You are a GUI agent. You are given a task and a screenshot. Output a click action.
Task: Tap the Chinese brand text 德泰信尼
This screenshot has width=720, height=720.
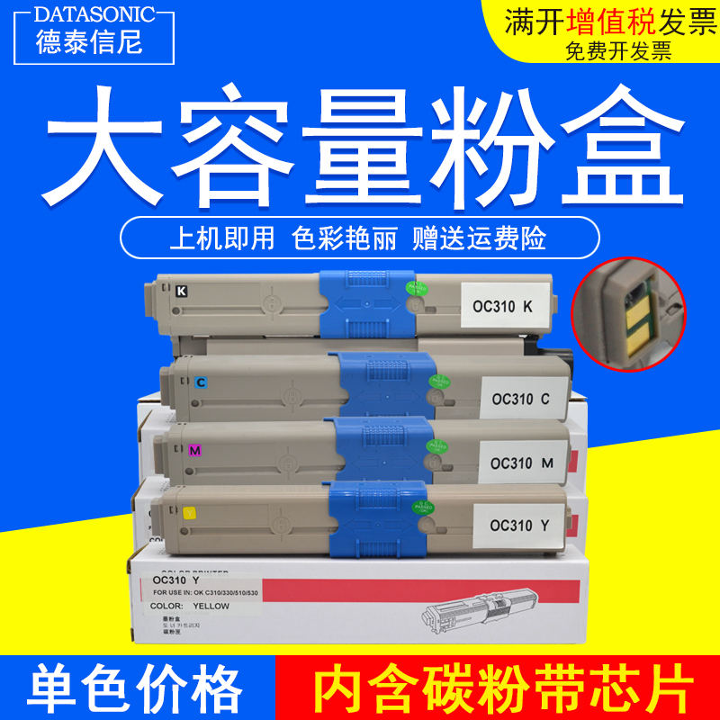89,41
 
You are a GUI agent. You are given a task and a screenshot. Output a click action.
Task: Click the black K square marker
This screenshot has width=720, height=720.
182,291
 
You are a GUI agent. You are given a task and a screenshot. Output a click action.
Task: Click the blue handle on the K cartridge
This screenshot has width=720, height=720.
365,301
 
